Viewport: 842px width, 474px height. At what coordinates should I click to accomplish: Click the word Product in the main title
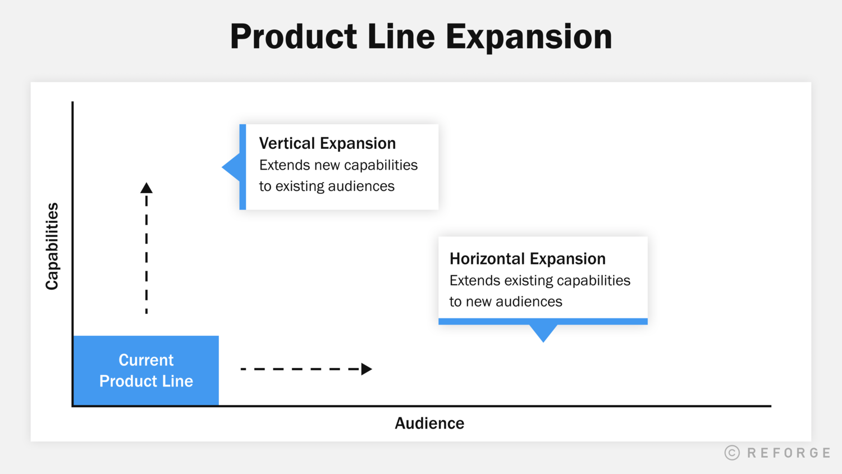[293, 37]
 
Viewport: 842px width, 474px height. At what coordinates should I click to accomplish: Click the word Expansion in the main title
[528, 37]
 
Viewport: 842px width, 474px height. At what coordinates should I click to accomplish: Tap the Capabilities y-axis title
[52, 246]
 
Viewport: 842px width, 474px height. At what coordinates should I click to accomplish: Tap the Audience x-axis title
[429, 423]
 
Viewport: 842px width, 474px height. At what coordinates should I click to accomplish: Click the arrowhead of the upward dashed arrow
[147, 188]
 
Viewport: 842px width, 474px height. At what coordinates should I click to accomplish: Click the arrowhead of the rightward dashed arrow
[367, 369]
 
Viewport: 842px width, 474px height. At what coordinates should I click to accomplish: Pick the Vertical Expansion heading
[327, 143]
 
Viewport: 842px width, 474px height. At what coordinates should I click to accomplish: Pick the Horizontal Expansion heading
[527, 258]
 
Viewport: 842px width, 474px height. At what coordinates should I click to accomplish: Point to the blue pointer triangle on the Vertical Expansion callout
[232, 167]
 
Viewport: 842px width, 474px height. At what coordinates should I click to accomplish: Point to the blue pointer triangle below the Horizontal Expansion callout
[543, 332]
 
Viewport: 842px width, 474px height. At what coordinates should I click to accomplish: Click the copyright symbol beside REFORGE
[732, 453]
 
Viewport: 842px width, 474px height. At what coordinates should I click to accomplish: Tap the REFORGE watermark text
[789, 453]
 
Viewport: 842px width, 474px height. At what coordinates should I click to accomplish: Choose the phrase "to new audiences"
[505, 302]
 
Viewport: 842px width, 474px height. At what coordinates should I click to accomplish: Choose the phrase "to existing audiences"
[327, 186]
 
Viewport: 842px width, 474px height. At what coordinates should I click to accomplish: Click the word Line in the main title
[401, 37]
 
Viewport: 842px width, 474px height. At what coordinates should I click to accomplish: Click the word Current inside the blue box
[146, 360]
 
